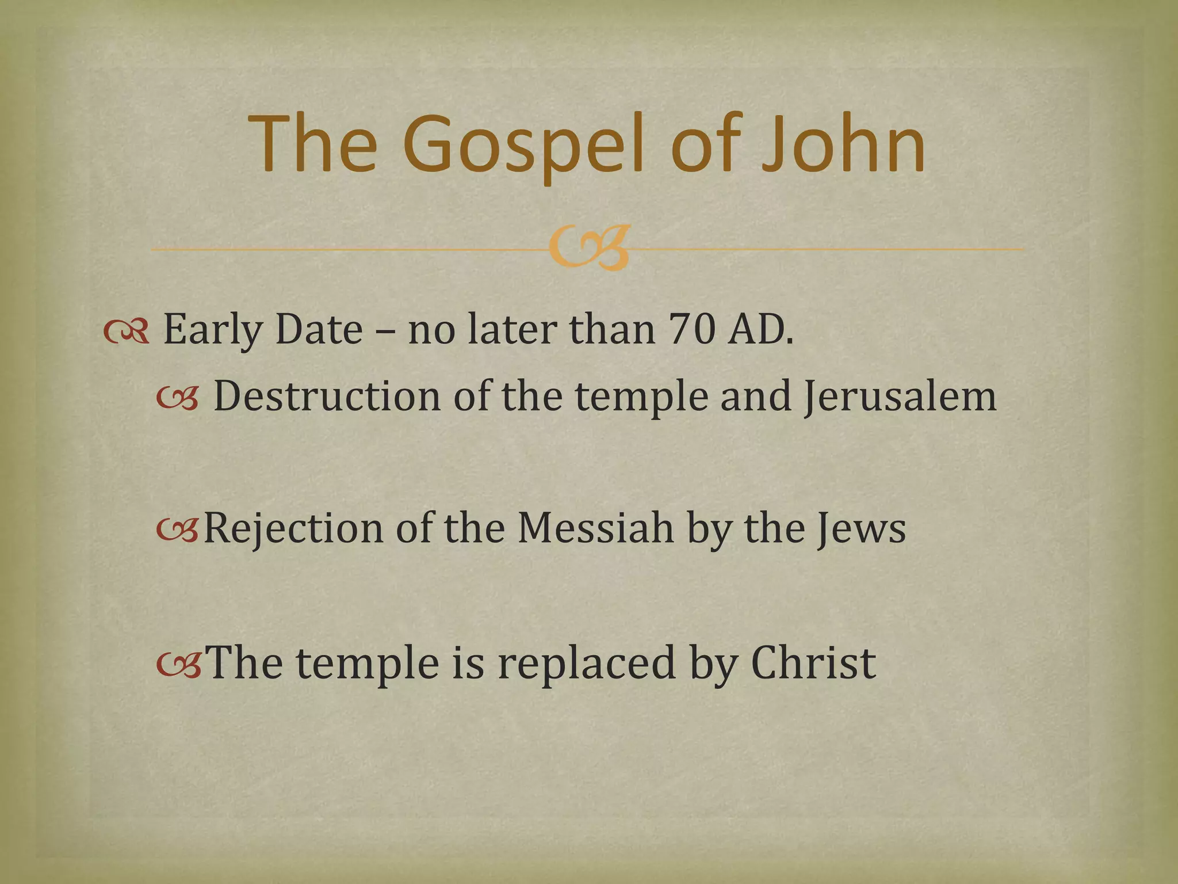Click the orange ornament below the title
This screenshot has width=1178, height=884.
point(588,249)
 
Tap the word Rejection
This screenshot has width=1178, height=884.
point(293,528)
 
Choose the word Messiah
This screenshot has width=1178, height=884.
point(595,528)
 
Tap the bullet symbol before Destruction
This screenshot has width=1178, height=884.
point(178,398)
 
